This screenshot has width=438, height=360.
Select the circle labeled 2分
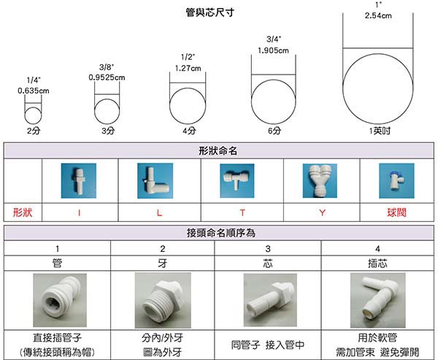34,115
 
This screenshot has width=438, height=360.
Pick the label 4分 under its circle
189,131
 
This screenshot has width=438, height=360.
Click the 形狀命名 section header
218,150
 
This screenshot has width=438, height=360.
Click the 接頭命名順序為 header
218,233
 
